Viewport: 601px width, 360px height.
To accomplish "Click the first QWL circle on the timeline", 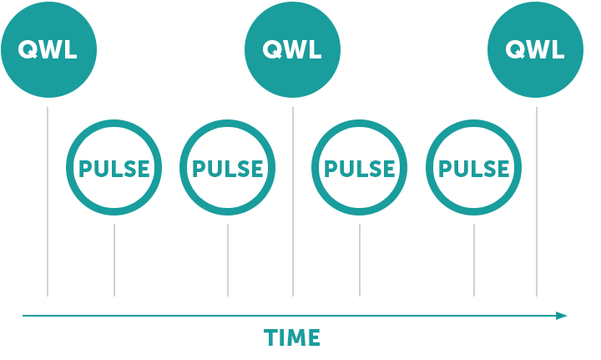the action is coord(48,50).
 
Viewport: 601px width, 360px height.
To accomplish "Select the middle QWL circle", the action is coord(292,50).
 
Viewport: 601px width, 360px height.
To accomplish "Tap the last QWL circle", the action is coord(535,50).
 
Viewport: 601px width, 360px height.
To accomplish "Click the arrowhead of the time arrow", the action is coord(562,316).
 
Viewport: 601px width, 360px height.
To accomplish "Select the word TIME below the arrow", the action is coord(291,337).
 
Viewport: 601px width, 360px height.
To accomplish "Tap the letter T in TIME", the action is coord(270,337).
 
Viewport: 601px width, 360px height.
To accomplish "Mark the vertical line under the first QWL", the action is coord(48,201).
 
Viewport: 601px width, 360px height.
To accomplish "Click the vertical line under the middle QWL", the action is coord(293,201).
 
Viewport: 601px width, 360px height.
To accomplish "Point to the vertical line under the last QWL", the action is coord(537,201).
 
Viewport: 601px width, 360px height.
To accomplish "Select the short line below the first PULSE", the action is coord(114,261).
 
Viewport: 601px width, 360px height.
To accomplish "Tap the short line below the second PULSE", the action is coord(228,261).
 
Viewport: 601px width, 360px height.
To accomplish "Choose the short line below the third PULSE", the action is coord(360,261).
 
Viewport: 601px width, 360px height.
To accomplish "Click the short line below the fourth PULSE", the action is coord(474,261).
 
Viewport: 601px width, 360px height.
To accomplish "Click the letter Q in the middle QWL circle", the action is coord(272,50).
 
